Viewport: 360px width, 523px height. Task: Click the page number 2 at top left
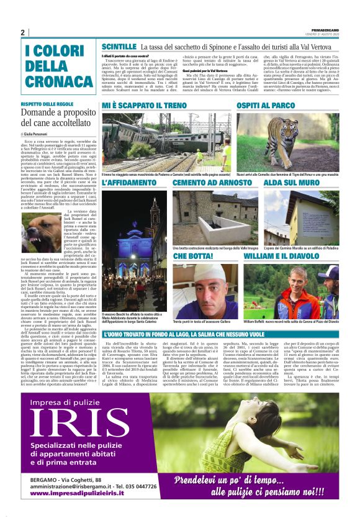coord(22,32)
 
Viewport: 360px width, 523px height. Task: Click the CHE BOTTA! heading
coord(193,256)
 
